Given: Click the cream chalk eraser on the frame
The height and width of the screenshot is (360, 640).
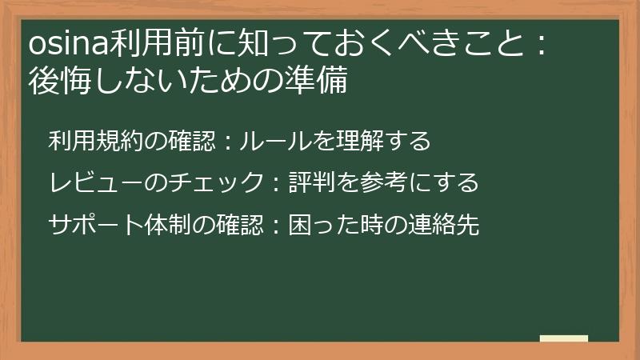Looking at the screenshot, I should coord(564,339).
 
